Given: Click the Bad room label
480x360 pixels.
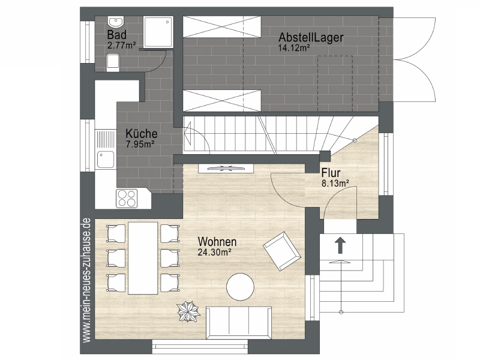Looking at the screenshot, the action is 116,35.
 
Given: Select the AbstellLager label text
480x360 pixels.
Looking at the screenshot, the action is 311,37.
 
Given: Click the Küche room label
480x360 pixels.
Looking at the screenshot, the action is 142,133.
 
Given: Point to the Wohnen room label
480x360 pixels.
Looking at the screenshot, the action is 217,242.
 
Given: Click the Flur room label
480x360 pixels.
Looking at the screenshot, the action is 331,173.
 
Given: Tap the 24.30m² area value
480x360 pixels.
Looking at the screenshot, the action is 214,252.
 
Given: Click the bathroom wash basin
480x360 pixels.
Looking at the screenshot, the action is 115,22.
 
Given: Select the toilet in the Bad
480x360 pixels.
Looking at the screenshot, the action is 113,62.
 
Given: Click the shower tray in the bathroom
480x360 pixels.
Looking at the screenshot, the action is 158,32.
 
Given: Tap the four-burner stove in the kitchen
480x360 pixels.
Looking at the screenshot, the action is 127,199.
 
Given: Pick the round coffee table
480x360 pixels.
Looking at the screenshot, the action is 240,287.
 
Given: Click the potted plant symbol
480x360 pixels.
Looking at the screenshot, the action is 188,311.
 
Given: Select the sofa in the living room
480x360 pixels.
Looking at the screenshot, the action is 239,323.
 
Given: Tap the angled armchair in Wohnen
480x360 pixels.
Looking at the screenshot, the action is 281,251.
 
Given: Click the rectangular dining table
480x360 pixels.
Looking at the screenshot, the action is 143,258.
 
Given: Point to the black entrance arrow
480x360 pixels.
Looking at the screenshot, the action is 340,245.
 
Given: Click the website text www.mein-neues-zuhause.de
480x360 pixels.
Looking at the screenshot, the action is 87,280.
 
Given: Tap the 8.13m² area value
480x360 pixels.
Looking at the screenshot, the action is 335,184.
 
